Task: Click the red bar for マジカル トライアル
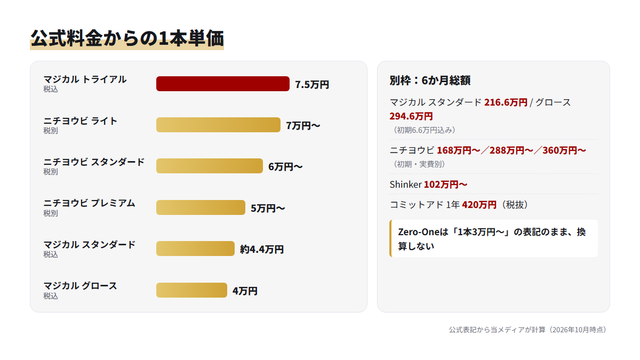[x=222, y=84]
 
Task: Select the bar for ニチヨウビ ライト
[x=218, y=125]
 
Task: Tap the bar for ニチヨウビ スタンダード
[x=210, y=166]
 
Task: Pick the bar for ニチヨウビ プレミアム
[x=201, y=207]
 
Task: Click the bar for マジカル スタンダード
[x=195, y=249]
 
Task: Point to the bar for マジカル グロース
[x=191, y=290]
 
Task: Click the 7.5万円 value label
[x=312, y=85]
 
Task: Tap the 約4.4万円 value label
[x=262, y=250]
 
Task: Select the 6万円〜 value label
[x=285, y=166]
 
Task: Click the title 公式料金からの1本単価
[x=127, y=38]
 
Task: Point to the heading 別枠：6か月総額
[x=430, y=81]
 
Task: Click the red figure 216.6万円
[x=506, y=102]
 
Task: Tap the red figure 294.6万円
[x=411, y=116]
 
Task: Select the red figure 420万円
[x=479, y=205]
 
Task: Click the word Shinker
[x=406, y=185]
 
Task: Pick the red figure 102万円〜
[x=446, y=185]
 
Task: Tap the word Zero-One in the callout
[x=419, y=231]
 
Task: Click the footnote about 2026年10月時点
[x=528, y=330]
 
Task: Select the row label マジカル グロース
[x=81, y=286]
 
